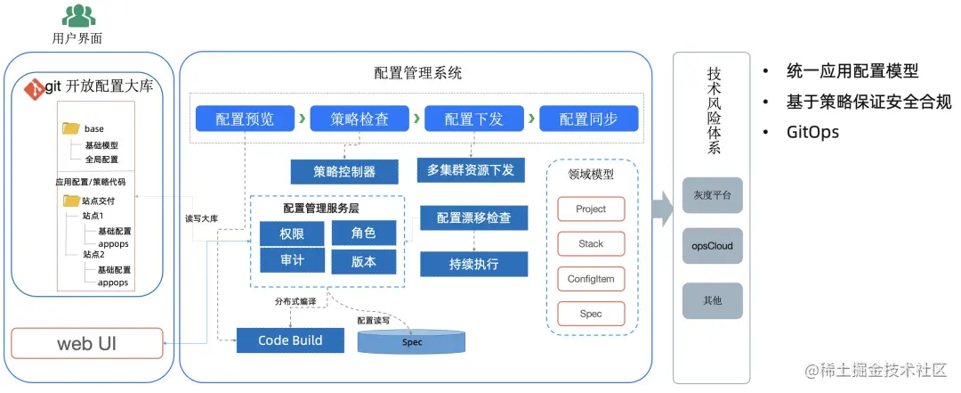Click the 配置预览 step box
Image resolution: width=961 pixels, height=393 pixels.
(245, 119)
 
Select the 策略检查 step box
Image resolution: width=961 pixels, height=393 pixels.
(359, 119)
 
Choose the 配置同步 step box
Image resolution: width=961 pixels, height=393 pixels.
(587, 119)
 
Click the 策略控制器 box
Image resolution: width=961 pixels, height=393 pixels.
(344, 171)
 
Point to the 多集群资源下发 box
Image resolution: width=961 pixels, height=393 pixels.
(471, 169)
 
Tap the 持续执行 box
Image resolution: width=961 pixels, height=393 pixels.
(473, 264)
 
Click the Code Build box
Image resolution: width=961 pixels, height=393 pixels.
(290, 340)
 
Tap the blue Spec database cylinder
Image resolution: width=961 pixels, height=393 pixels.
(412, 342)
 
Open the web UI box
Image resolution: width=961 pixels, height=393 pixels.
(87, 343)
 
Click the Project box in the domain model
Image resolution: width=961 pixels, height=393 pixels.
(591, 209)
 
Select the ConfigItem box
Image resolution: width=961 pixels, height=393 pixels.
(591, 279)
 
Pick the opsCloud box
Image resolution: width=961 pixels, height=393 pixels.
(712, 245)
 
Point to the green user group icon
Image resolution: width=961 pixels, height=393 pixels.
(78, 15)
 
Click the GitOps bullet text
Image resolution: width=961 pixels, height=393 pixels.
(812, 131)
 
